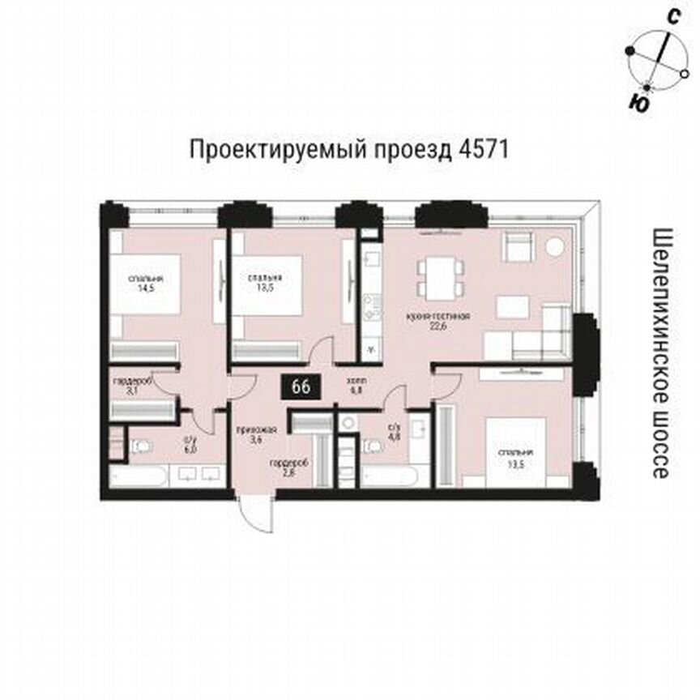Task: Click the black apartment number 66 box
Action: [300, 387]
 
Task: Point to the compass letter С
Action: [672, 16]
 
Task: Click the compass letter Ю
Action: [638, 102]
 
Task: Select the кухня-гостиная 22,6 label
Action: [438, 321]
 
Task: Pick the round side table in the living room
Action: [555, 246]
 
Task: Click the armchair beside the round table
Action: [517, 246]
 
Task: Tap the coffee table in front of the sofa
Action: [513, 306]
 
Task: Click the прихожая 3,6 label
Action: [251, 435]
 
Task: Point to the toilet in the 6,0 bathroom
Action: [143, 445]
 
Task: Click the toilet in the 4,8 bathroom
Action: [374, 445]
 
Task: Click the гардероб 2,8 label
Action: [284, 468]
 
